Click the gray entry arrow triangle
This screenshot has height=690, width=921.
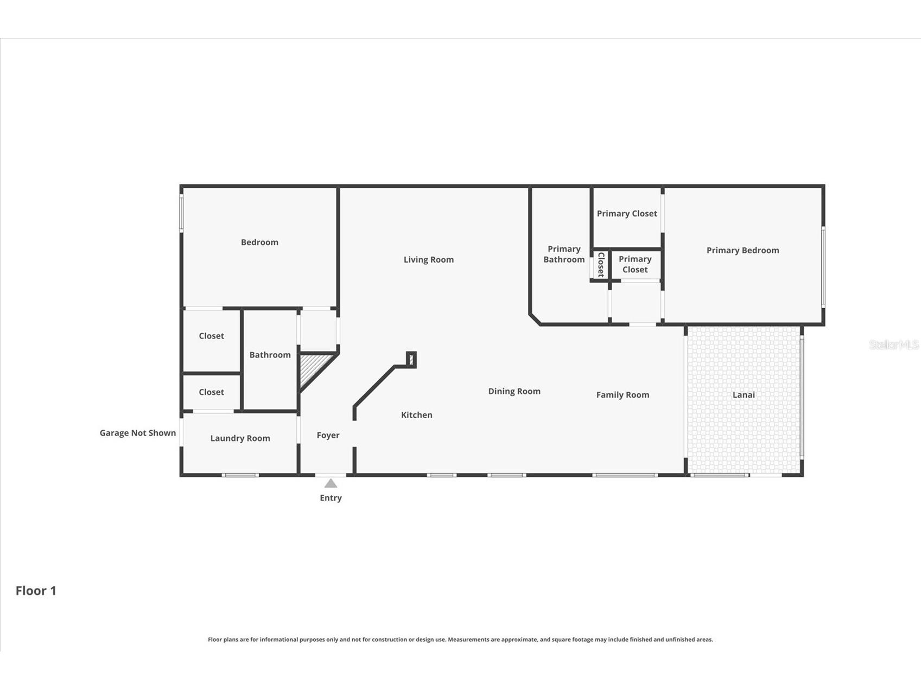tap(331, 483)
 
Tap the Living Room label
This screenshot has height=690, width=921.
tap(428, 260)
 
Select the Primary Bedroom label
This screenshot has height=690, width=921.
tap(742, 250)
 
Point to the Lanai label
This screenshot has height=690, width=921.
tap(744, 395)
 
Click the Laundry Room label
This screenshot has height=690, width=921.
tap(240, 438)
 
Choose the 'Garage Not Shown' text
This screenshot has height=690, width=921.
tap(137, 433)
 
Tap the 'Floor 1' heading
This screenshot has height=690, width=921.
tap(36, 591)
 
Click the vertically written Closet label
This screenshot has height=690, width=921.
tap(601, 265)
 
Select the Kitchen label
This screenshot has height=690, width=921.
tap(416, 415)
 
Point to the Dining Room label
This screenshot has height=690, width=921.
tap(514, 391)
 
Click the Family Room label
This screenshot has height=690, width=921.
tap(623, 395)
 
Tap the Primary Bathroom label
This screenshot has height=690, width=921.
tap(564, 254)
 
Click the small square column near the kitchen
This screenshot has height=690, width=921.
tap(411, 359)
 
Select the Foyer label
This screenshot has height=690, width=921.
tap(328, 435)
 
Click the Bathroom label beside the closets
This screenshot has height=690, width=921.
tap(270, 355)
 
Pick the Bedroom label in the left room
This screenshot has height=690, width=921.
tap(259, 242)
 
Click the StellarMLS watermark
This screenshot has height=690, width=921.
tap(893, 344)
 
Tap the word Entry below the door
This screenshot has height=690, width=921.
tap(331, 498)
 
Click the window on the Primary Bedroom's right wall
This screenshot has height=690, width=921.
tap(823, 267)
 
